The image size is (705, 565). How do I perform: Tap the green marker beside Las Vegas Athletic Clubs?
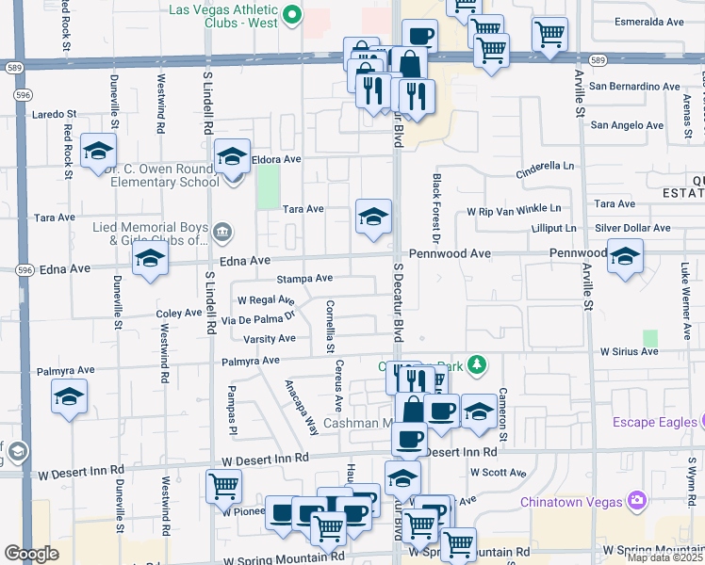click(292, 13)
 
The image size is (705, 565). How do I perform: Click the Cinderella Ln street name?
click(545, 169)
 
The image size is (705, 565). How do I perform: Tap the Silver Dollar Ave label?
click(632, 228)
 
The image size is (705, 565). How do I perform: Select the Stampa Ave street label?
click(304, 279)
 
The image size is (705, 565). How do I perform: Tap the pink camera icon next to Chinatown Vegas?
click(637, 498)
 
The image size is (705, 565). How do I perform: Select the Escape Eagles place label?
click(652, 422)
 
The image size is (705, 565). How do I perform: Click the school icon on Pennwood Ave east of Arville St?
click(625, 257)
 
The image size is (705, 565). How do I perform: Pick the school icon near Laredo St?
click(98, 152)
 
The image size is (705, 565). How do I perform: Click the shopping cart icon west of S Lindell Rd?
click(223, 486)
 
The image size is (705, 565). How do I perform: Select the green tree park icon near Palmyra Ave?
click(478, 363)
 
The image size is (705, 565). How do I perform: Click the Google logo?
click(31, 554)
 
